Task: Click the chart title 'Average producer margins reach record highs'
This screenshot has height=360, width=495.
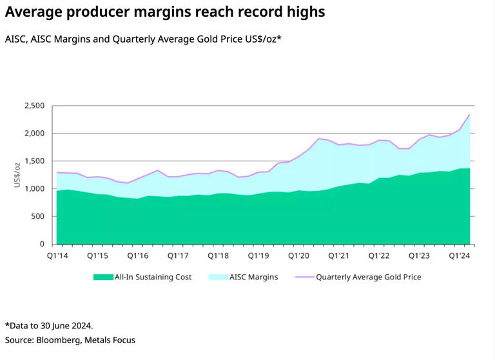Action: [x=164, y=12]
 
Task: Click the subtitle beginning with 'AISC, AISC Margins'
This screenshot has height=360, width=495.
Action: [x=143, y=39]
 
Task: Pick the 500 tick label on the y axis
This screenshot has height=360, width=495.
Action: [x=37, y=217]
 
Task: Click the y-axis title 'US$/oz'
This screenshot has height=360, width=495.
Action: [x=17, y=175]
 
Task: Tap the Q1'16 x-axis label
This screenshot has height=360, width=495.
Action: [x=139, y=256]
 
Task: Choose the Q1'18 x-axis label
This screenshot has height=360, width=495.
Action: [x=218, y=256]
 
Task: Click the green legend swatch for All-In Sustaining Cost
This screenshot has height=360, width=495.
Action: [x=102, y=277]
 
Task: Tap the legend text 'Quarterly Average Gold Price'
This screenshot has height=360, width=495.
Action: [x=368, y=277]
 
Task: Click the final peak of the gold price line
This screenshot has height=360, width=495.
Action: [x=469, y=115]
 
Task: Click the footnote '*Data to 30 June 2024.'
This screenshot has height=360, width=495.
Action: [x=49, y=326]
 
